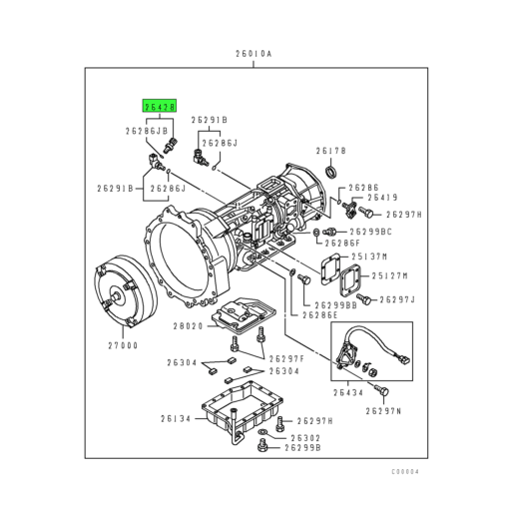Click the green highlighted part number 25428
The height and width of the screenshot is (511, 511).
[160, 105]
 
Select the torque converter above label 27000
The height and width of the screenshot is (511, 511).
[122, 295]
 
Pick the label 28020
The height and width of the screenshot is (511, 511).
[187, 325]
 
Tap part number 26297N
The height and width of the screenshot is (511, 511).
[385, 410]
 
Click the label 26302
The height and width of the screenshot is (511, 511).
[305, 436]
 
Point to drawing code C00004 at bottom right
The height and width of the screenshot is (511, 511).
[406, 470]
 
